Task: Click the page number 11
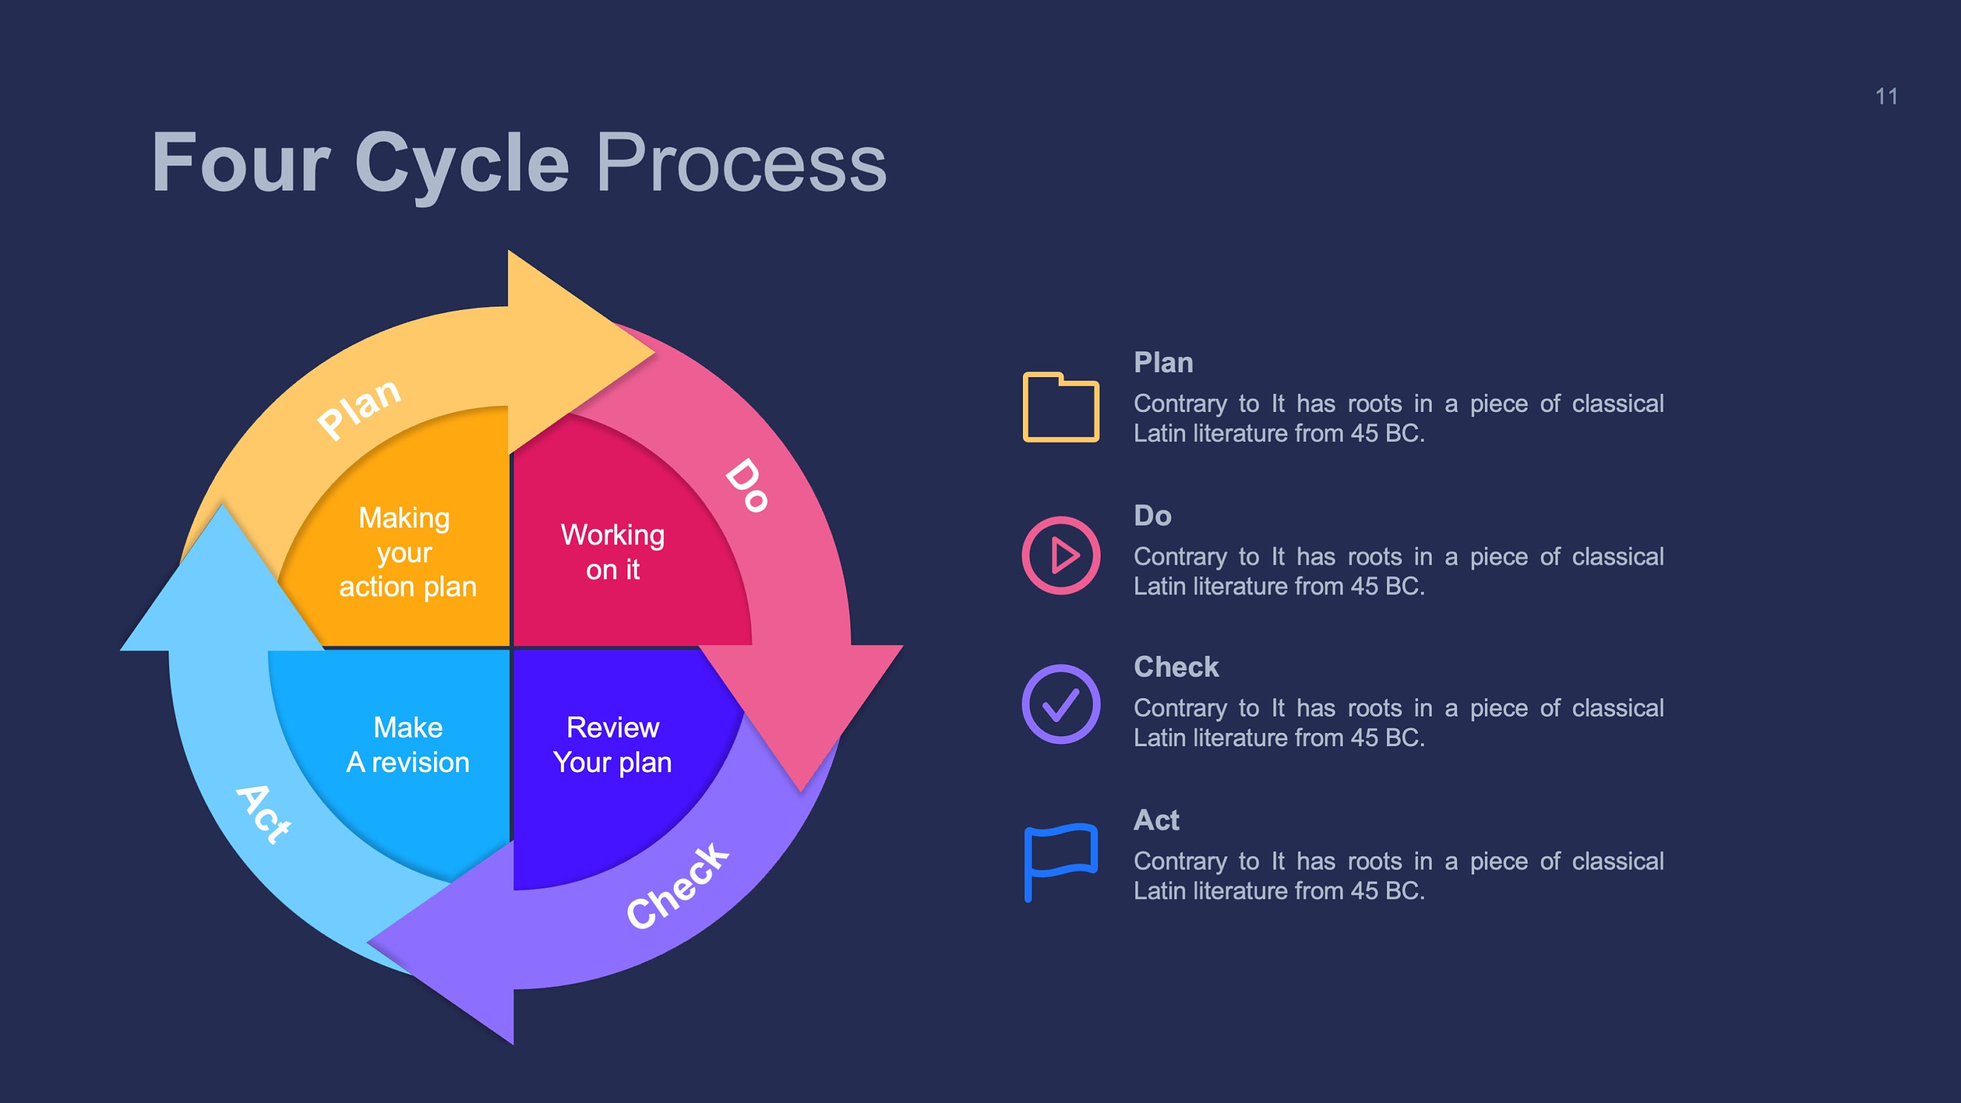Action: tap(1886, 97)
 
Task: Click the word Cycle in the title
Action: tap(461, 163)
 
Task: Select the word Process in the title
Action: tap(740, 163)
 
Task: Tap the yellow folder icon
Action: tap(1060, 407)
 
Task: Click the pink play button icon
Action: tap(1060, 555)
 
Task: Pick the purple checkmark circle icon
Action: tap(1060, 704)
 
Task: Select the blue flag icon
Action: tap(1060, 860)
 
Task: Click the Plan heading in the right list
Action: tap(1162, 362)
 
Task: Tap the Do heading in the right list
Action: tap(1152, 515)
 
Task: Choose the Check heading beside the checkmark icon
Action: tap(1175, 667)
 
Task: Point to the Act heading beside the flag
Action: tap(1156, 820)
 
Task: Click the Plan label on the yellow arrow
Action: tap(360, 408)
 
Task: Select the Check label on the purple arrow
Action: tap(677, 885)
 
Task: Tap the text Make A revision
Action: tap(408, 745)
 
